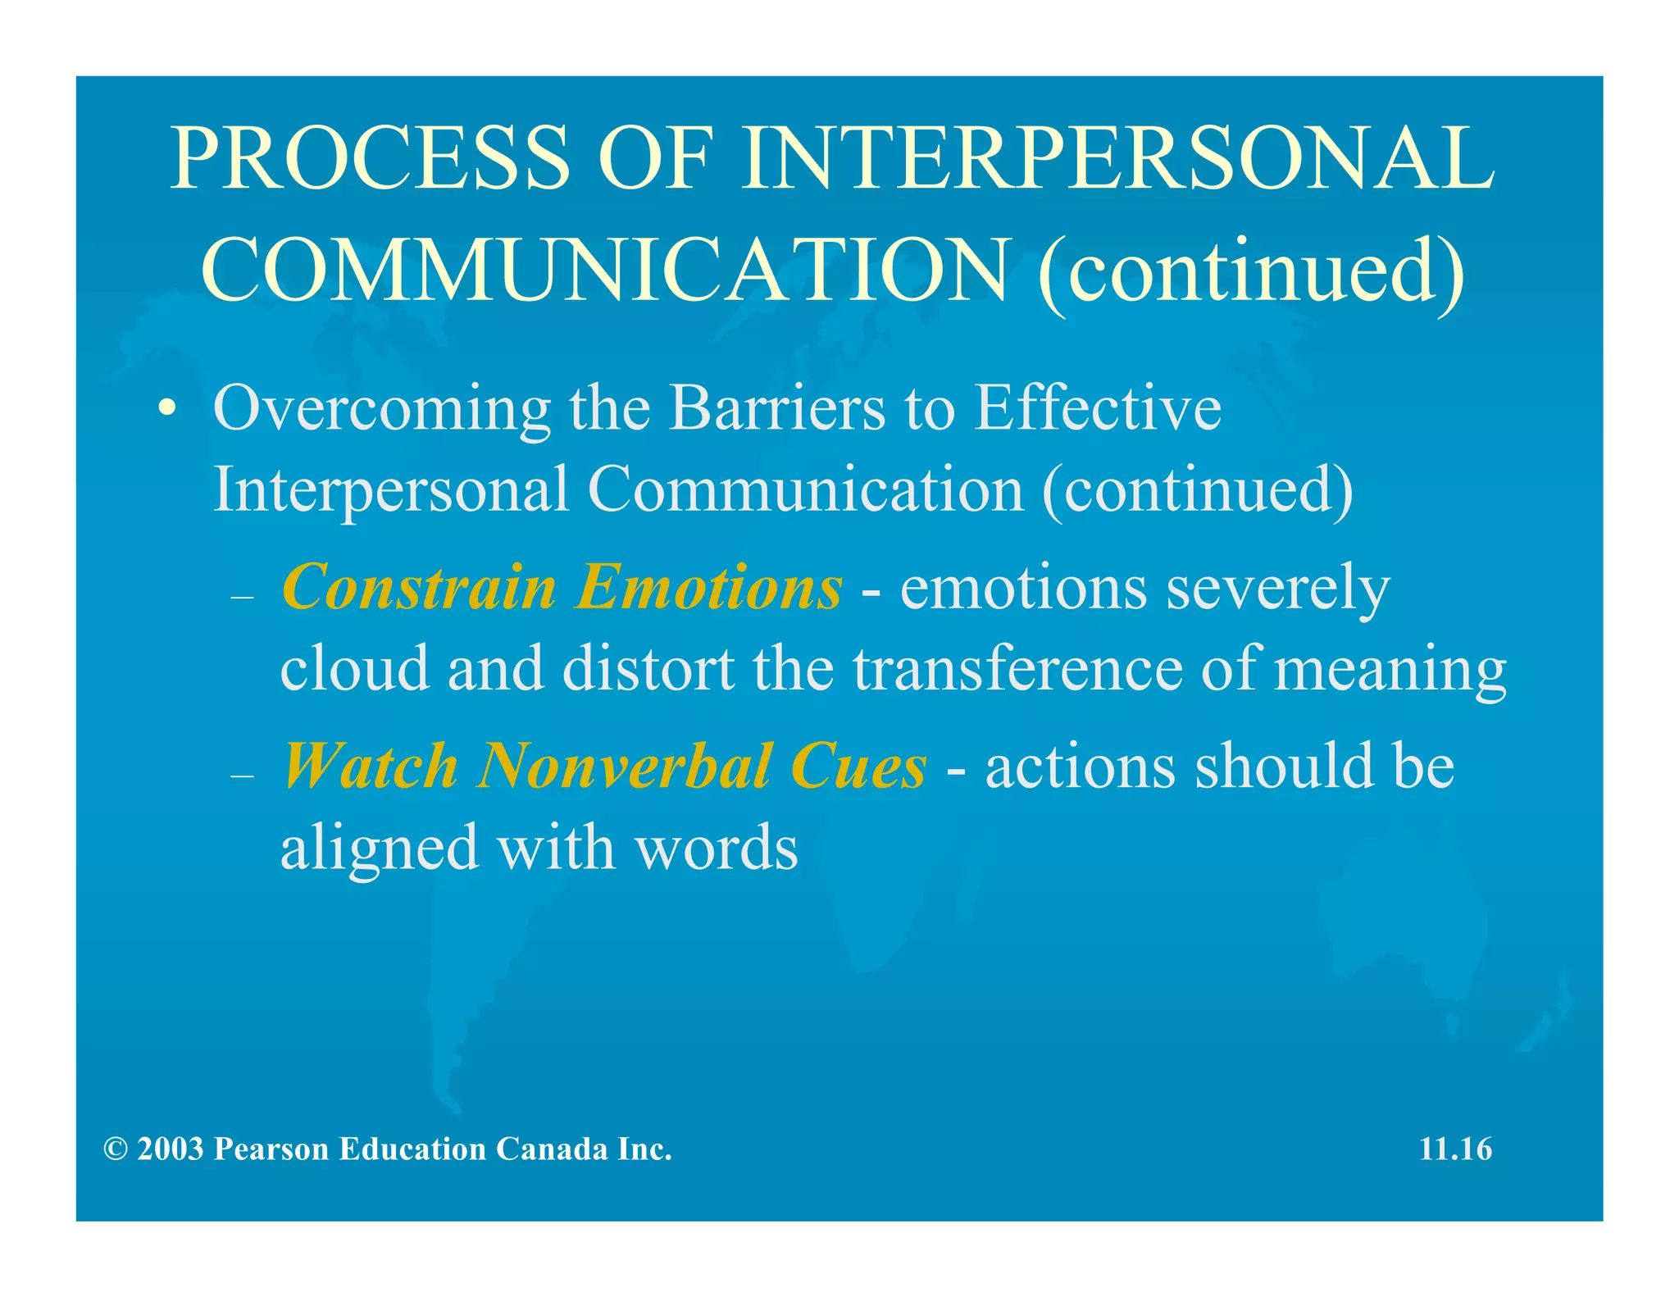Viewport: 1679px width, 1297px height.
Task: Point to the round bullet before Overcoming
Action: point(167,408)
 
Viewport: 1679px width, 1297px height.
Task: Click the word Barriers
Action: point(777,408)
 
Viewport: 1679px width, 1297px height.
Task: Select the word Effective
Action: point(1098,408)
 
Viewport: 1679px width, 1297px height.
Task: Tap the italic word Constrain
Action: point(418,588)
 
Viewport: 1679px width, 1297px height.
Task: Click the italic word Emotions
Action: point(708,588)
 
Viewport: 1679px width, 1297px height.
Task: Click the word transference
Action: point(1017,669)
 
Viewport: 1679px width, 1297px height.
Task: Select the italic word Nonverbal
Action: point(624,767)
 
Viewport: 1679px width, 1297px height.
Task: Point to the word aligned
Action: point(379,849)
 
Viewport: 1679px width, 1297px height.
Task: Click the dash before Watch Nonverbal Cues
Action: point(243,776)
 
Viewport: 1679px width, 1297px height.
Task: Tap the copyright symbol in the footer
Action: point(116,1149)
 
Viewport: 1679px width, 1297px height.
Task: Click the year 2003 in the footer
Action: point(171,1149)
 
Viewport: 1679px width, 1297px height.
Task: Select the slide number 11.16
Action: point(1455,1149)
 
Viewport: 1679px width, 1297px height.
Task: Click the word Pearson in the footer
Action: point(271,1149)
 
